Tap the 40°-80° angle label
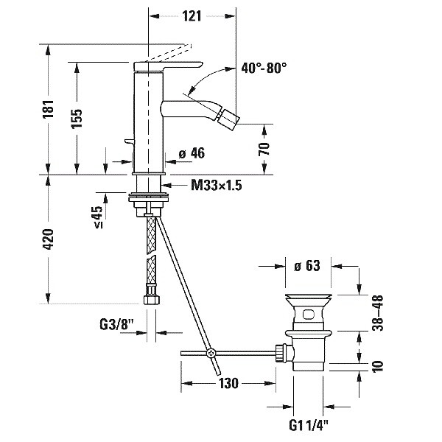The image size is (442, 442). [263, 67]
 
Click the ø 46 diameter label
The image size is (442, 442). [192, 153]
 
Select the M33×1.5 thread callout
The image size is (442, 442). [217, 186]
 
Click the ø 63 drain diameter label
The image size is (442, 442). [308, 267]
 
